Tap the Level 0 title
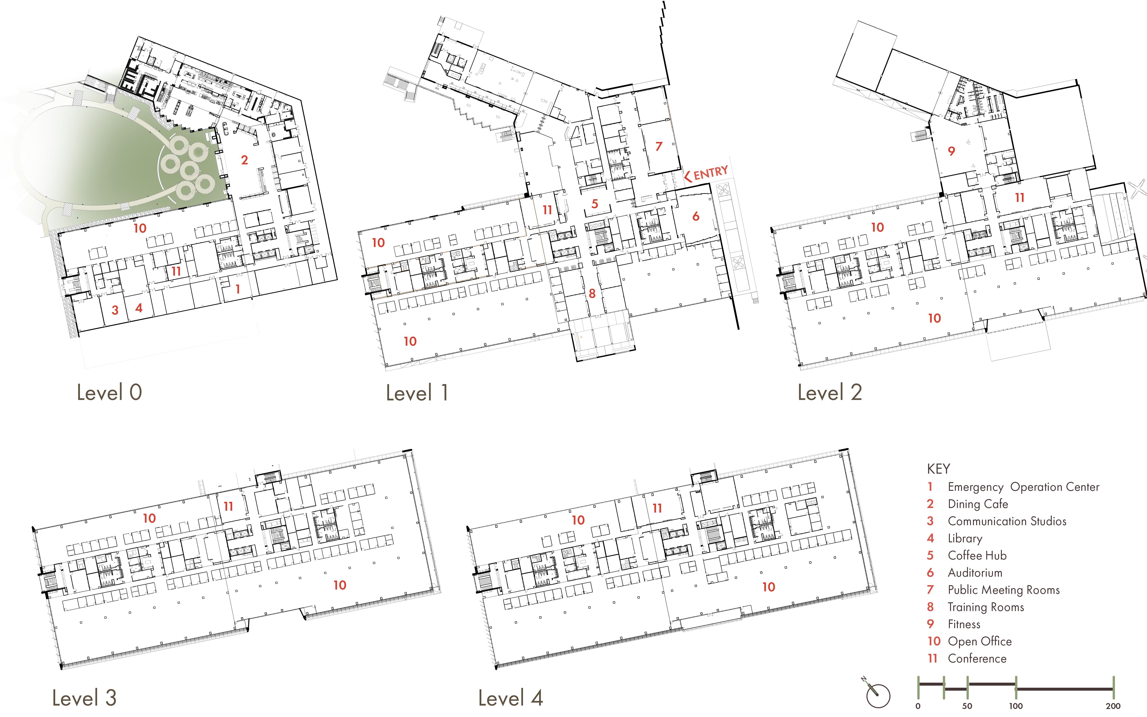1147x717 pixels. pyautogui.click(x=109, y=393)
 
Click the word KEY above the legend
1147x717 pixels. pyautogui.click(x=938, y=469)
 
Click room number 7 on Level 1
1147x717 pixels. pyautogui.click(x=658, y=147)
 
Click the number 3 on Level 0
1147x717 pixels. pyautogui.click(x=115, y=310)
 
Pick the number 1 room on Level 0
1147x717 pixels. pyautogui.click(x=238, y=289)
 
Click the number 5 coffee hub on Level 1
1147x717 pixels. pyautogui.click(x=594, y=204)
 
